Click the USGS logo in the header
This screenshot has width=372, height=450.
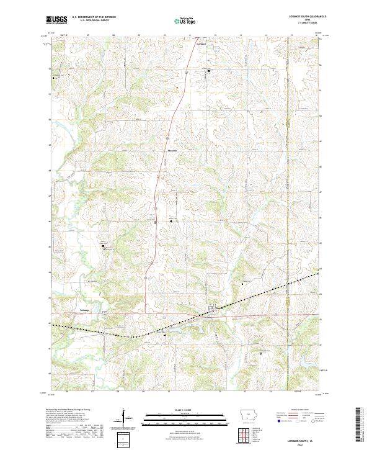pyautogui.click(x=56, y=20)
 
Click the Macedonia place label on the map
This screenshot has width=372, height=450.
pyautogui.click(x=172, y=150)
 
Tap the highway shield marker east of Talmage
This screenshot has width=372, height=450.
pyautogui.click(x=106, y=313)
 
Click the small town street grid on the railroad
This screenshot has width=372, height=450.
pyautogui.click(x=214, y=308)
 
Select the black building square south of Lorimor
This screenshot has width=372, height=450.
pyautogui.click(x=209, y=71)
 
